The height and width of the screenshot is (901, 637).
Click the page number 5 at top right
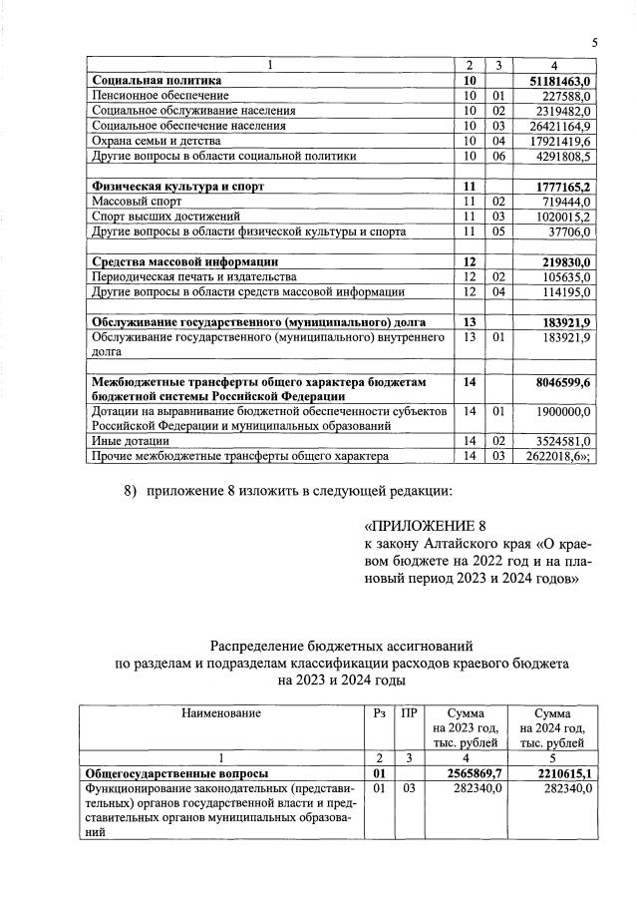tap(594, 42)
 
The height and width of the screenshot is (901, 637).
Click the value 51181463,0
tap(558, 80)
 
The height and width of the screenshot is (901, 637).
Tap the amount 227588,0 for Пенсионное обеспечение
tap(567, 96)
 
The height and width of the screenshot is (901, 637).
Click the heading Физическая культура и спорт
tap(177, 187)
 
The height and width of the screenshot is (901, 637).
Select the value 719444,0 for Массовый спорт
tap(567, 202)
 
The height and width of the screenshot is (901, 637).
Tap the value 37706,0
tap(571, 231)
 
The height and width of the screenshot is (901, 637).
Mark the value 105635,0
tap(567, 276)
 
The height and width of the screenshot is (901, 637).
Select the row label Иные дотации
tap(130, 440)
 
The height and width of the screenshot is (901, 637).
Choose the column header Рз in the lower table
tap(377, 713)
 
